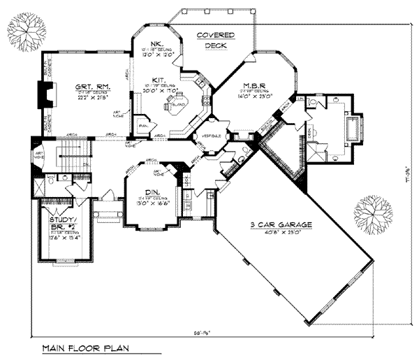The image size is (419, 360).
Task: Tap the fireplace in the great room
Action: [x=46, y=94]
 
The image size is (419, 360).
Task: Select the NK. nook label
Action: [x=155, y=41]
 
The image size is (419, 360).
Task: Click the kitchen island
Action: [x=172, y=105]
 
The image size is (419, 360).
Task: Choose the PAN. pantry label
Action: [x=142, y=126]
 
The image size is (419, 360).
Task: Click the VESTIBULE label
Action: [x=212, y=135]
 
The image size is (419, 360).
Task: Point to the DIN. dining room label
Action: [x=151, y=192]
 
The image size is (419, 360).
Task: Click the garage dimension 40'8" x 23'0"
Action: [x=284, y=234]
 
